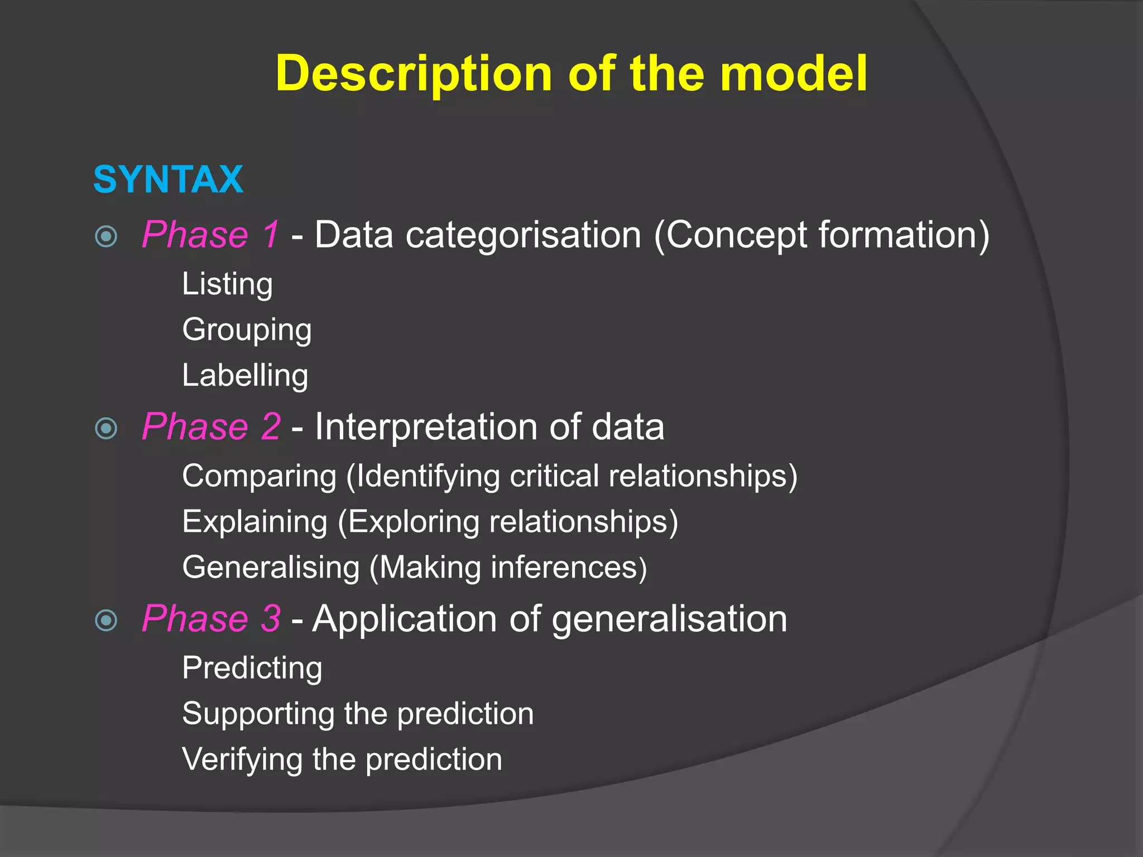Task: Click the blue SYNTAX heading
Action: click(x=168, y=180)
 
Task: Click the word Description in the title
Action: click(x=414, y=74)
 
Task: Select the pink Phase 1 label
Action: click(x=210, y=235)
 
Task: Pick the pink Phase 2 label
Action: click(x=211, y=427)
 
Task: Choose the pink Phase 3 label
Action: click(x=211, y=619)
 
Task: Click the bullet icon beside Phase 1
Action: click(x=106, y=237)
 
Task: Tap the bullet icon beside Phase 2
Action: click(x=106, y=428)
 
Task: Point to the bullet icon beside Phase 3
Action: click(x=106, y=620)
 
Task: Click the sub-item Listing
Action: click(x=227, y=285)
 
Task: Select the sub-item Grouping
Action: click(x=247, y=330)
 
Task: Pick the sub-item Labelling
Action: click(x=245, y=375)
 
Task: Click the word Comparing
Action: click(x=260, y=476)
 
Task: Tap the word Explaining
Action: click(x=254, y=522)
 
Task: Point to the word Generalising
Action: click(x=271, y=568)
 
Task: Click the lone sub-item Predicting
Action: click(x=252, y=668)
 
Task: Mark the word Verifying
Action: click(x=242, y=760)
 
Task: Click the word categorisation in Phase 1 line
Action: click(x=523, y=235)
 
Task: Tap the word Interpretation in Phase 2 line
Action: click(x=426, y=427)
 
